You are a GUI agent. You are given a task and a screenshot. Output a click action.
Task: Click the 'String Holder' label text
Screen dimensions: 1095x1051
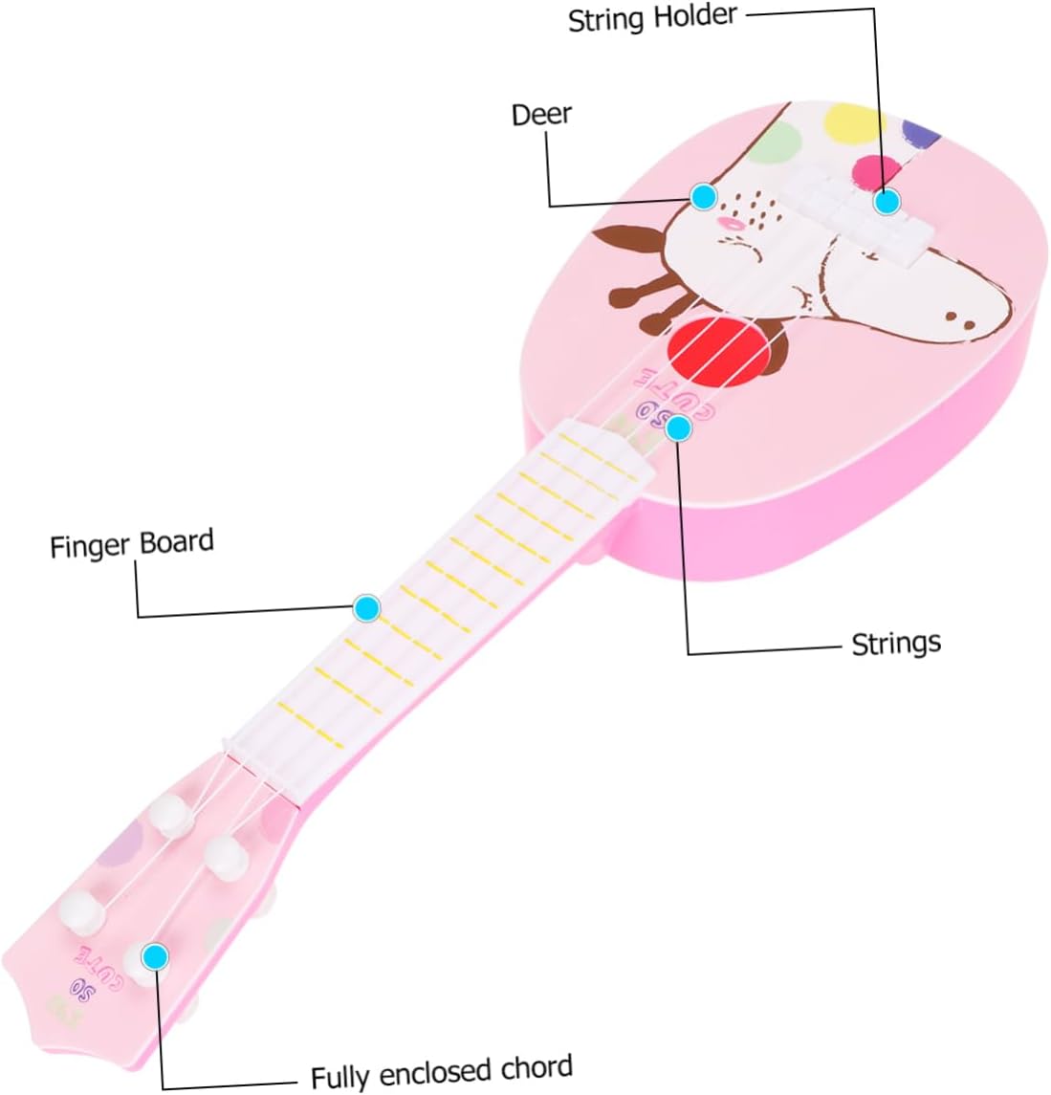pyautogui.click(x=652, y=18)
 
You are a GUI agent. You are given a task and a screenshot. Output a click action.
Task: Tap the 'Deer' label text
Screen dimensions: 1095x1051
pyautogui.click(x=541, y=115)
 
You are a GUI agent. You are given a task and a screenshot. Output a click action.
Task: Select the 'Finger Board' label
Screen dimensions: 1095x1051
pyautogui.click(x=132, y=544)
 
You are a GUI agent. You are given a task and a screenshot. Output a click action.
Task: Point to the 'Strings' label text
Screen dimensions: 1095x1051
pyautogui.click(x=896, y=643)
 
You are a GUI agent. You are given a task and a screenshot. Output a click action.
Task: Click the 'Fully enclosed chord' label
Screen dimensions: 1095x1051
pyautogui.click(x=442, y=1071)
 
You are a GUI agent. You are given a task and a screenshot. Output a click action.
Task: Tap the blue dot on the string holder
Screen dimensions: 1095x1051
pyautogui.click(x=887, y=202)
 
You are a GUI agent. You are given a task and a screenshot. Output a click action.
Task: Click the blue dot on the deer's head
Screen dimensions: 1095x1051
pyautogui.click(x=704, y=197)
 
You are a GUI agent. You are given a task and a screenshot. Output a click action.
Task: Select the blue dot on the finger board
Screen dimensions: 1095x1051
pyautogui.click(x=366, y=607)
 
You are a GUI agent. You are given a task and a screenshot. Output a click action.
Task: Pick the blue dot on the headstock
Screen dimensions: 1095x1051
pyautogui.click(x=155, y=955)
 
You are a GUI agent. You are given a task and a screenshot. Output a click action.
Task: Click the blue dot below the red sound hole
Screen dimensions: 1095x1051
pyautogui.click(x=678, y=427)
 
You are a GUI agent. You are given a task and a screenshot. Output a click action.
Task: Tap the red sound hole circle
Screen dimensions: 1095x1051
pyautogui.click(x=718, y=349)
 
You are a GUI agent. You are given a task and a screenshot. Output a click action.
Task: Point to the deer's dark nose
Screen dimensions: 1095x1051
pyautogui.click(x=956, y=316)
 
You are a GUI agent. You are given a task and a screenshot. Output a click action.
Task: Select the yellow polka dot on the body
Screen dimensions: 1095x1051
pyautogui.click(x=855, y=121)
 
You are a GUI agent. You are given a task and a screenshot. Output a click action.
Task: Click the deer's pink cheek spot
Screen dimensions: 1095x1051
pyautogui.click(x=730, y=222)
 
